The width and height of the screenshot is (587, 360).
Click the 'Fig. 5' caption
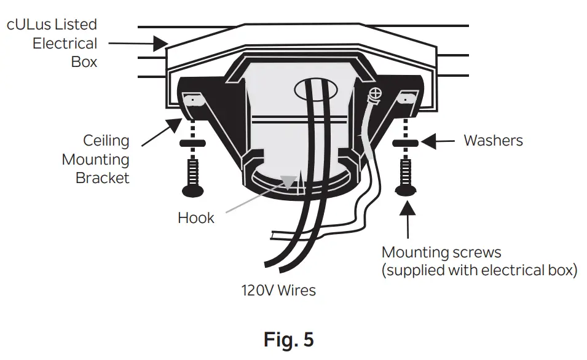point(288,339)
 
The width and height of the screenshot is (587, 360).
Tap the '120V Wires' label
point(278,290)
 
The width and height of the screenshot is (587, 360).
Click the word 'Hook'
point(195,218)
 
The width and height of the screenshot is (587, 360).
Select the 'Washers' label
point(493,141)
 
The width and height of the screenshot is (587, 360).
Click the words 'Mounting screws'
point(441,252)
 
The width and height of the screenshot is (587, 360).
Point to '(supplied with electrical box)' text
point(479,271)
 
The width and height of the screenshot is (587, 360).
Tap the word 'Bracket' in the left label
point(103,178)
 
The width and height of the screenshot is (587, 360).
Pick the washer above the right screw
point(406,144)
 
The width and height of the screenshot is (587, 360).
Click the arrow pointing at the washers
point(439,141)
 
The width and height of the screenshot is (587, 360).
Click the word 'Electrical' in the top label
point(65,44)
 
